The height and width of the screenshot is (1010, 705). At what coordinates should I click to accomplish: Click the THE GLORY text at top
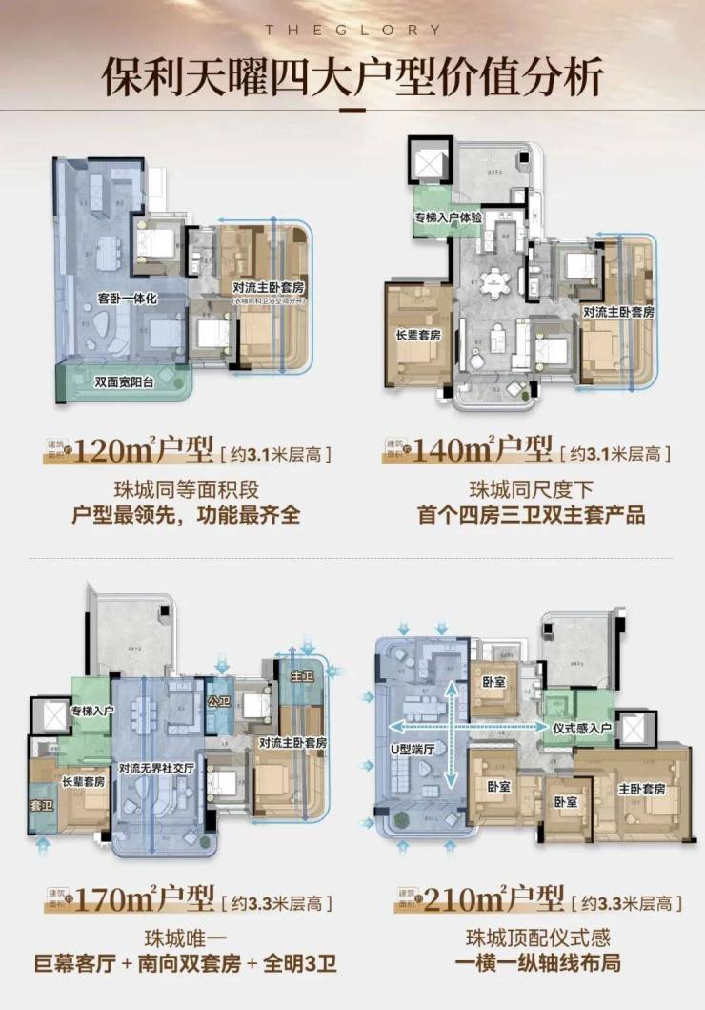tap(352, 30)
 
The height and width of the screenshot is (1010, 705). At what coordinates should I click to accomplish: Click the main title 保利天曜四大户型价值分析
tap(352, 78)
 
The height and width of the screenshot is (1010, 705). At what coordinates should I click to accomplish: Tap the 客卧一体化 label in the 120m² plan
tap(128, 298)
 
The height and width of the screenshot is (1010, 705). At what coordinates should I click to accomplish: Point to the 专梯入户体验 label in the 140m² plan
tap(448, 218)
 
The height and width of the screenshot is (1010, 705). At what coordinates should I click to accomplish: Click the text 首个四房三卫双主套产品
tap(531, 516)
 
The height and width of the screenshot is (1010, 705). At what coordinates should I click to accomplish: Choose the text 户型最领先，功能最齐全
tap(187, 516)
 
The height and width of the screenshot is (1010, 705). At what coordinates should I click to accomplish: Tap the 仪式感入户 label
tap(584, 727)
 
